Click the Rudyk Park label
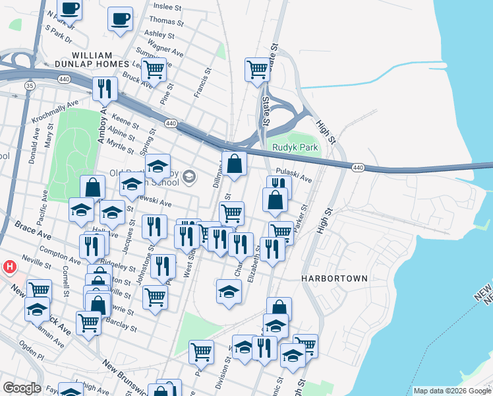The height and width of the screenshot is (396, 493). [291, 148]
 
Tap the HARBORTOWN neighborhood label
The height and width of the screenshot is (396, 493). [334, 279]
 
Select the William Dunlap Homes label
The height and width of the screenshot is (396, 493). [100, 59]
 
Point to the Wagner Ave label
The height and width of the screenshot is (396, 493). [165, 48]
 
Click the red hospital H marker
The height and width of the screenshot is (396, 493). [10, 267]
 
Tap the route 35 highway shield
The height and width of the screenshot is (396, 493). [29, 86]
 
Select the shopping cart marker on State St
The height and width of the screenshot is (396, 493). [258, 69]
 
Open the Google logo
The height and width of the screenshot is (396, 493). [22, 388]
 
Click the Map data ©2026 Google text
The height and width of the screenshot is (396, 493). [451, 391]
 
